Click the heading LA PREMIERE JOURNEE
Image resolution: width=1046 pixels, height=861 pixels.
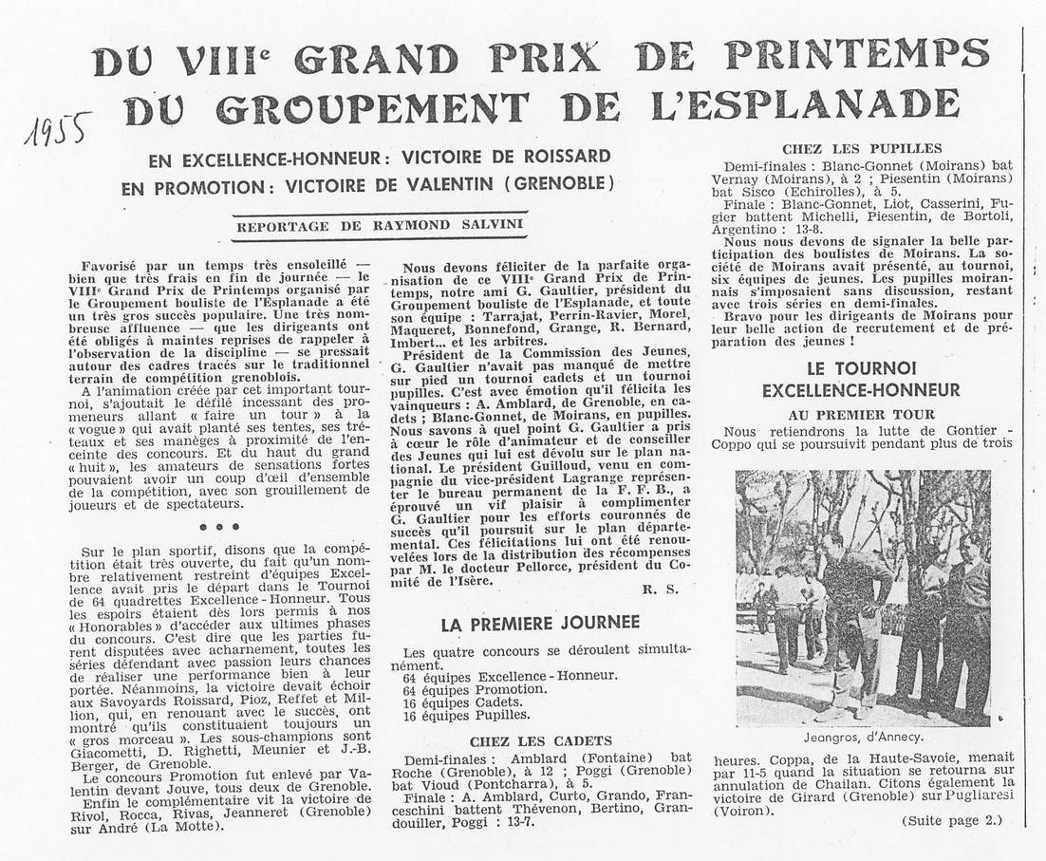539,623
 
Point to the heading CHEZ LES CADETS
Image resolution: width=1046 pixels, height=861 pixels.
540,740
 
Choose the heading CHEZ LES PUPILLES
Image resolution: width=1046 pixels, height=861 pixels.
862,148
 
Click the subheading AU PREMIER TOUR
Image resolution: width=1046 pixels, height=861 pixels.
861,414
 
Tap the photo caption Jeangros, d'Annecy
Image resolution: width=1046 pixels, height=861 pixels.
863,737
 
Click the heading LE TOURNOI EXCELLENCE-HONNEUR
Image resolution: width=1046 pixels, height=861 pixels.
861,378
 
